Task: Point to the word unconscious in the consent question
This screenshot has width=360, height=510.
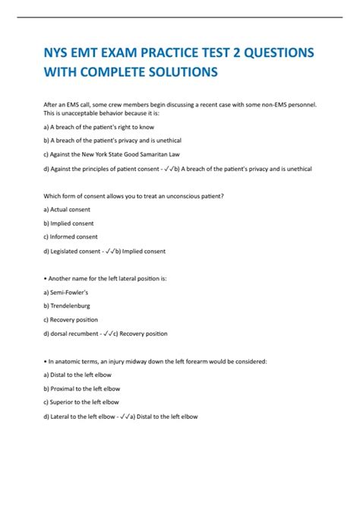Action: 177,196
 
